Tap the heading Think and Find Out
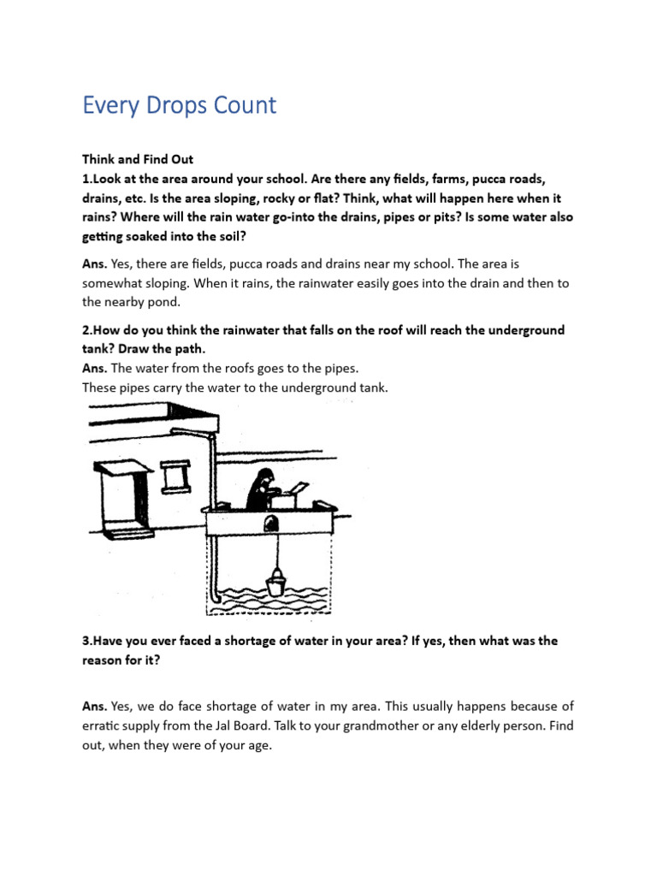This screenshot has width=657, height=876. [x=138, y=159]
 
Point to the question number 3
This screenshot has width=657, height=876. [x=87, y=641]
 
